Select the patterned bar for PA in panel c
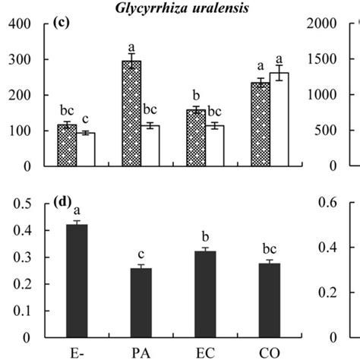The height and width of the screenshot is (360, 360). (132, 113)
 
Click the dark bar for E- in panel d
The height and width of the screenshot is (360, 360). (77, 280)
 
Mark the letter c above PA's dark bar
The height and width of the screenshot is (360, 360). (141, 254)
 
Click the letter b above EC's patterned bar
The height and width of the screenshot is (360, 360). (196, 97)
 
